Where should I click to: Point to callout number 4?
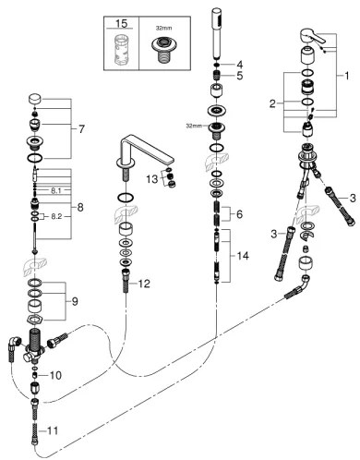(x=238, y=64)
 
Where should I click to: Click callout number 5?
(x=238, y=76)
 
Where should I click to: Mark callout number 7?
(x=80, y=130)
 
